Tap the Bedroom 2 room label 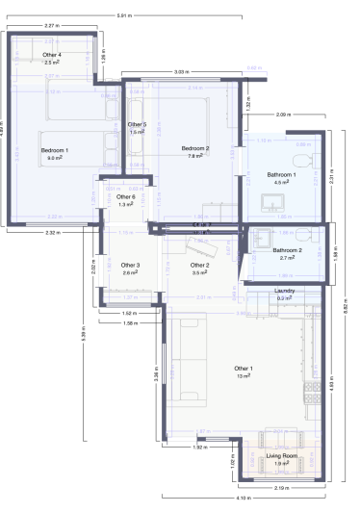(195, 148)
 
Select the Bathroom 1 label (282, 174)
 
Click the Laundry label (284, 290)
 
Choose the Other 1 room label (244, 369)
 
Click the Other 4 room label (52, 55)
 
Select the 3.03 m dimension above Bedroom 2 (181, 72)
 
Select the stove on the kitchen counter (312, 390)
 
